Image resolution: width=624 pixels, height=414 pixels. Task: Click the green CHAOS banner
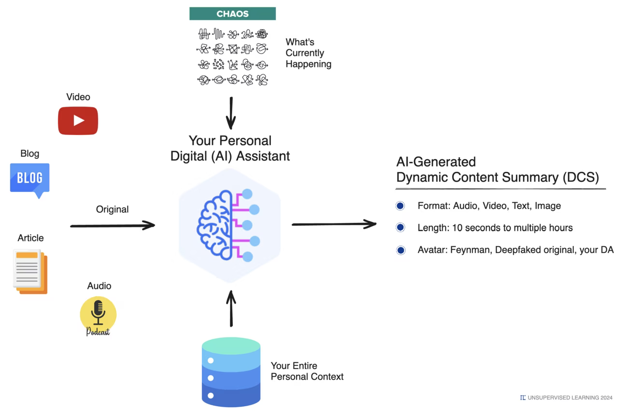coord(232,14)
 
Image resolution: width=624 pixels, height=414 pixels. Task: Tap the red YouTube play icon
coord(78,121)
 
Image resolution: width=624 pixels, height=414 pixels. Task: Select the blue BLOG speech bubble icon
coord(30,179)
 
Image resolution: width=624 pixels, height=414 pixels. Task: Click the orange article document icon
coord(30,272)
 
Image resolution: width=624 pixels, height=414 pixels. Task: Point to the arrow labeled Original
coord(113,225)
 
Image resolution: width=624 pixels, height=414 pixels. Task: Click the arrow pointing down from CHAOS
coord(231,113)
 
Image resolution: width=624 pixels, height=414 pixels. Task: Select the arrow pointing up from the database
coord(231,308)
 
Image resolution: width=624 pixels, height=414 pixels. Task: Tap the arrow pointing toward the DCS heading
coord(334,224)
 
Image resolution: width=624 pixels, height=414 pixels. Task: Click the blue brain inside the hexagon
coord(215,225)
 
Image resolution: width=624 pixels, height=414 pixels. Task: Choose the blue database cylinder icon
coord(231,372)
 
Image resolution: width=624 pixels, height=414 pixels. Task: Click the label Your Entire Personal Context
coord(307,371)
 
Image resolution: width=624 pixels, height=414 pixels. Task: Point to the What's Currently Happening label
coord(308,53)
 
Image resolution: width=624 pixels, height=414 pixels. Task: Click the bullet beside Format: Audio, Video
coord(400,206)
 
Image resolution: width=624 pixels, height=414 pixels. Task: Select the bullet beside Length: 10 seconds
coord(400,228)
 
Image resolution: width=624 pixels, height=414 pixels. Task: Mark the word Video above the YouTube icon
coord(78,97)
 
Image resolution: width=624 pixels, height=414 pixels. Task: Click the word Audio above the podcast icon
coord(99,286)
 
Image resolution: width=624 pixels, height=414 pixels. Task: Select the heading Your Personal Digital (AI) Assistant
coord(230,148)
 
